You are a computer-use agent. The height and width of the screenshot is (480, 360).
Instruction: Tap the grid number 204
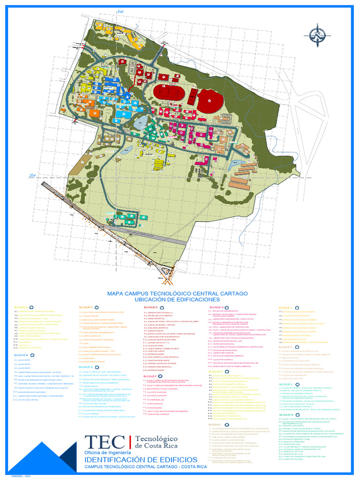point(32,175)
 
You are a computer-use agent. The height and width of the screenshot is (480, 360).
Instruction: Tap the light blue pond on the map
point(141,122)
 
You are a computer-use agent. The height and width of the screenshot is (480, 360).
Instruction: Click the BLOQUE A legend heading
point(21,308)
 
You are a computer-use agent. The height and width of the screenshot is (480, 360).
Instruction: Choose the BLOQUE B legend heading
point(21,355)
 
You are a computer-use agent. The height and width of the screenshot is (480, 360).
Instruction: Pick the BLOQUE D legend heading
point(86,367)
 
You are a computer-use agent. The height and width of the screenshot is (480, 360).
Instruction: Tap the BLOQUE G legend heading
point(216,307)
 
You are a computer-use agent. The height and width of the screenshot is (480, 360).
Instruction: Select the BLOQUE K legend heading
point(285,360)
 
